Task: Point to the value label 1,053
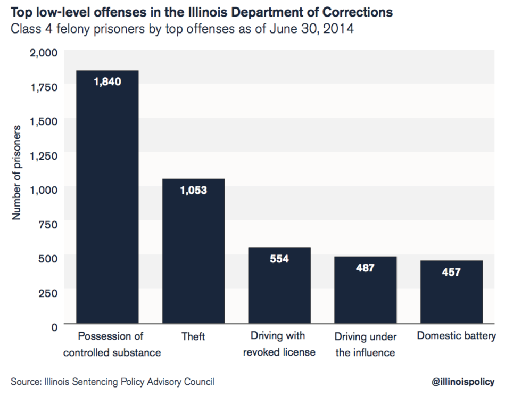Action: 193,191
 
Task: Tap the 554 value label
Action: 279,259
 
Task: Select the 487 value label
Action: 365,268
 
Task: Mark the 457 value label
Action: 451,272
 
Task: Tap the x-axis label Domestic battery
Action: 456,336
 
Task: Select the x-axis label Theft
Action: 193,336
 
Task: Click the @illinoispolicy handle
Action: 463,382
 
